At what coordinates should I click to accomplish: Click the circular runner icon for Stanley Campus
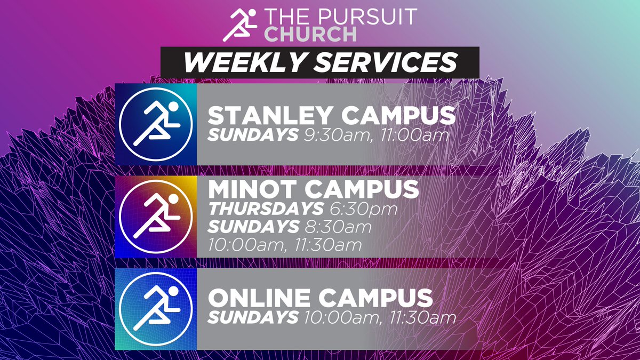[x=155, y=124]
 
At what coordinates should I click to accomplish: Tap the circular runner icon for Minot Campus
[x=155, y=217]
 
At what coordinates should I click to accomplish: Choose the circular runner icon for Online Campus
[x=155, y=309]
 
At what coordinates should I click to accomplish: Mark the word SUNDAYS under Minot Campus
[x=253, y=227]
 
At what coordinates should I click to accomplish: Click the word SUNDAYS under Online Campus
[x=253, y=317]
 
